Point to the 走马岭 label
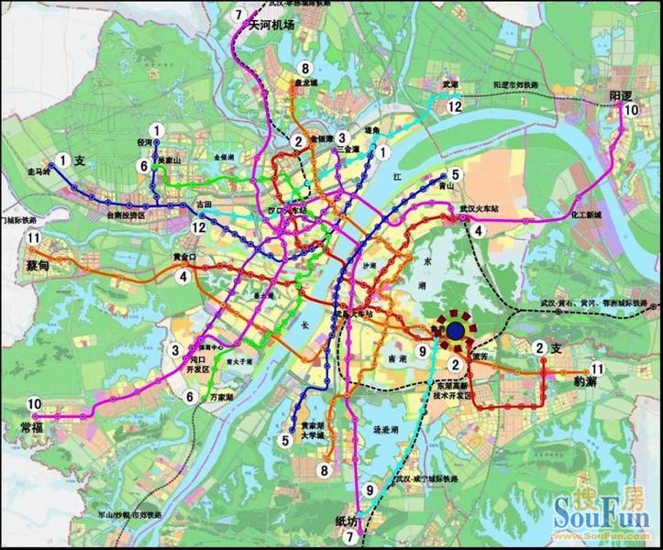coord(39,172)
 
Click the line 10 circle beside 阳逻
coord(630,111)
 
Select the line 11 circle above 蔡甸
coord(33,239)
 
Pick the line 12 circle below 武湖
coord(454,106)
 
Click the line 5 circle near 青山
coord(455,174)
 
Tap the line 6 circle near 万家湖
coord(190,397)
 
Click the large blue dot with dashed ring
coord(455,332)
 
